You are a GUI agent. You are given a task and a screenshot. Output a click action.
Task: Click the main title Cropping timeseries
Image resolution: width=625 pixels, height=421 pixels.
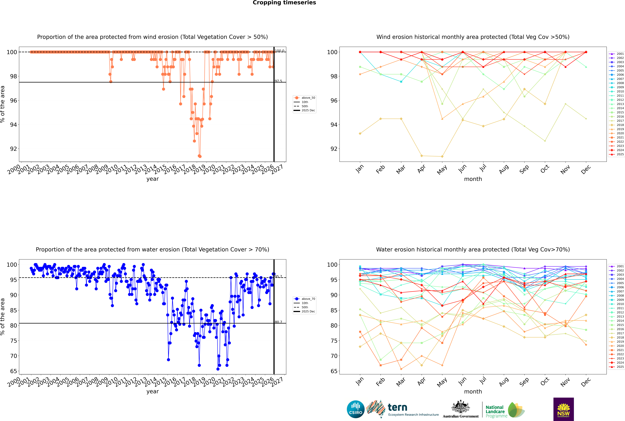(284, 3)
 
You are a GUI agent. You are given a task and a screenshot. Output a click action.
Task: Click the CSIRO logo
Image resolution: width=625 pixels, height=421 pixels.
(355, 409)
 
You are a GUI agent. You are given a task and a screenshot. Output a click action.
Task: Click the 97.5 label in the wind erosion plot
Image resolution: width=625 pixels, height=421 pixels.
(278, 81)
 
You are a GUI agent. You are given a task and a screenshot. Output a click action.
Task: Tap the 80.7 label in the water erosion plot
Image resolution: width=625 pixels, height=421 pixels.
(278, 322)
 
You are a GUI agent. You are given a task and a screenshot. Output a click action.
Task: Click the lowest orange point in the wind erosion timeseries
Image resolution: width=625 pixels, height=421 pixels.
(200, 156)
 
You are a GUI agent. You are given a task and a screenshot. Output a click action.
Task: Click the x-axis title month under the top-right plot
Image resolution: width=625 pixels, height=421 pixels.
(473, 179)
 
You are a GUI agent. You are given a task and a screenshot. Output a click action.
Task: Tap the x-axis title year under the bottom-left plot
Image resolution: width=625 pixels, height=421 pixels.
(153, 391)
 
